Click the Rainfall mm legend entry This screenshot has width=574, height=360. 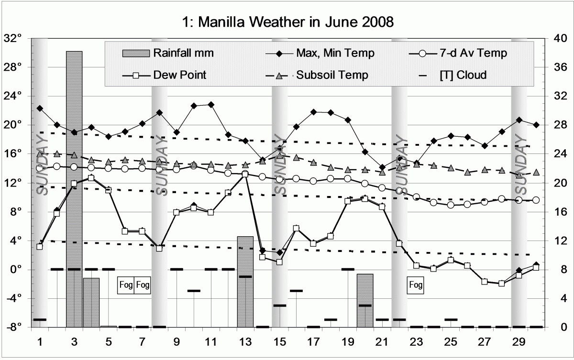coord(184,53)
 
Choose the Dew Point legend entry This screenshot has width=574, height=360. coord(180,75)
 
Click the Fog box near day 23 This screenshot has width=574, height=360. coord(416,285)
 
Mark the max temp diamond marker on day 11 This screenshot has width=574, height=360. coord(211,104)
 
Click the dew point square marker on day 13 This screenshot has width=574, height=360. coord(245,174)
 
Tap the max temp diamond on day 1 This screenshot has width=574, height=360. coord(40,108)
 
